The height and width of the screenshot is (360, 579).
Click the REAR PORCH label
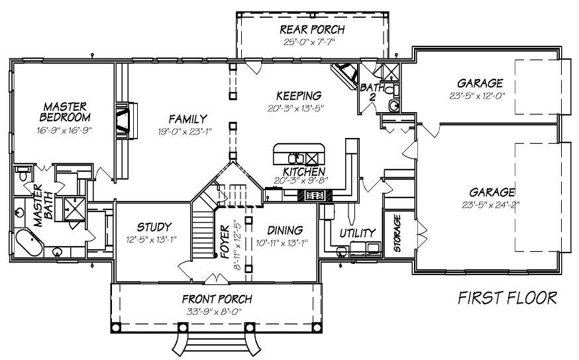pyautogui.click(x=311, y=29)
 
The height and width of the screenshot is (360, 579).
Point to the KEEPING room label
pyautogui.click(x=299, y=95)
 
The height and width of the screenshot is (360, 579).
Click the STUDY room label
pyautogui.click(x=154, y=227)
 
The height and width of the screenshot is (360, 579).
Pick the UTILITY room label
pyautogui.click(x=358, y=233)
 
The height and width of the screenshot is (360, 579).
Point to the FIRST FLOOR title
pyautogui.click(x=507, y=298)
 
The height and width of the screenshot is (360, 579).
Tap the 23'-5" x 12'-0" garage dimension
pyautogui.click(x=480, y=95)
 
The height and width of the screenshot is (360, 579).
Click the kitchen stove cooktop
pyautogui.click(x=314, y=195)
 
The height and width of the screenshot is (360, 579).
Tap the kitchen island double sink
pyautogui.click(x=295, y=158)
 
